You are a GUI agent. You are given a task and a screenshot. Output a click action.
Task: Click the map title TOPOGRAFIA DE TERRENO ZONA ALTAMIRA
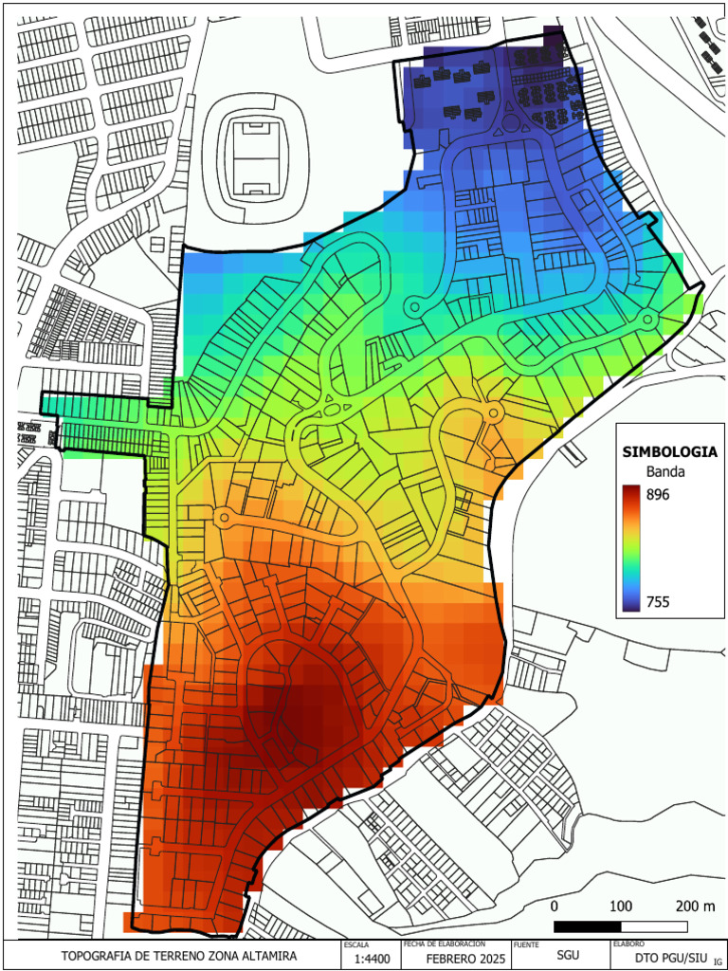coord(179,956)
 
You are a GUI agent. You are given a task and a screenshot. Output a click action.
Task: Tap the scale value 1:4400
coord(370,959)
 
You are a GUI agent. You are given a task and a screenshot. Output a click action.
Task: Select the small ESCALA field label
coord(356,944)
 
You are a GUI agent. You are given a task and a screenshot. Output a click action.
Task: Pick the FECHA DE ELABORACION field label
coord(445,944)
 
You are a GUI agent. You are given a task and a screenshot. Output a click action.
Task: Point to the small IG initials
coord(718,962)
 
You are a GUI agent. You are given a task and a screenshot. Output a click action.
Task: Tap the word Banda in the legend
coord(665,471)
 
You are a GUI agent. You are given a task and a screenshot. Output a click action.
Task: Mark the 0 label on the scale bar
coord(555,906)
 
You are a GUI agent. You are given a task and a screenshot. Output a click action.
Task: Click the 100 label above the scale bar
coord(621,906)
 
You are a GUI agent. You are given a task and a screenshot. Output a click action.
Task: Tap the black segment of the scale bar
coord(588,925)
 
